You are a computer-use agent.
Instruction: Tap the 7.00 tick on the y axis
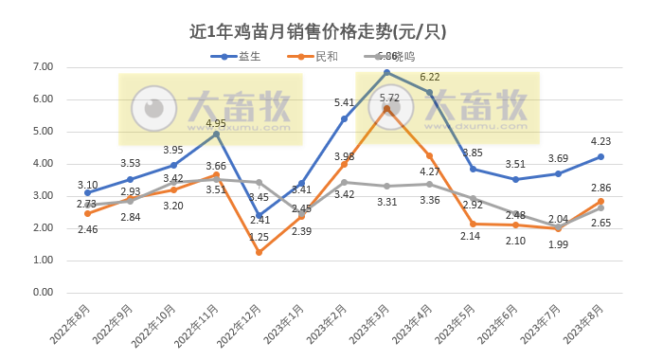click(x=42, y=66)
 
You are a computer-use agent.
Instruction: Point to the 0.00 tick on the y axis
click(x=42, y=292)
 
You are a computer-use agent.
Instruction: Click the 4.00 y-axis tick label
click(x=42, y=163)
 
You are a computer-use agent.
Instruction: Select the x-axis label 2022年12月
click(x=240, y=323)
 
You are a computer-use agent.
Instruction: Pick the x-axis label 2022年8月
click(x=69, y=322)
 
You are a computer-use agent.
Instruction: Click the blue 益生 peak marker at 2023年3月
click(x=386, y=72)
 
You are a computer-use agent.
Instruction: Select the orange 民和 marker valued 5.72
click(x=386, y=108)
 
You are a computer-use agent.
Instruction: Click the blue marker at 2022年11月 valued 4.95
click(x=216, y=134)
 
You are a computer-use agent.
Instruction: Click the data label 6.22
click(x=430, y=78)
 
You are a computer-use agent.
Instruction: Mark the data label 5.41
click(x=345, y=102)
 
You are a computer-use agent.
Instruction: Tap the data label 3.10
click(x=87, y=185)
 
